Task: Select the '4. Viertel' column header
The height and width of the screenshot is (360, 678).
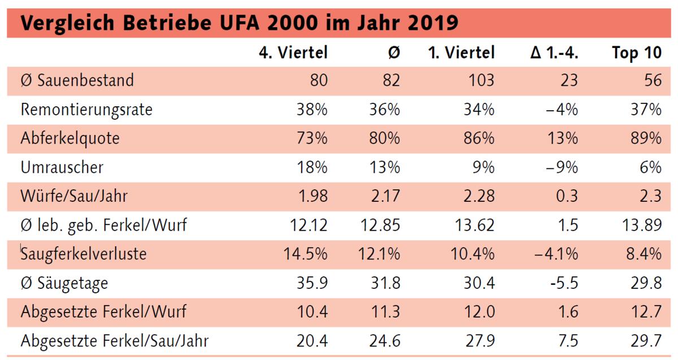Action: [x=293, y=53]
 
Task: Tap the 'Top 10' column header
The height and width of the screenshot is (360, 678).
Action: [x=636, y=53]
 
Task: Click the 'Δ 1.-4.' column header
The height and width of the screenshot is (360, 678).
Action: [x=554, y=53]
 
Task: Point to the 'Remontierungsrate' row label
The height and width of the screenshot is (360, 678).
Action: [x=86, y=110]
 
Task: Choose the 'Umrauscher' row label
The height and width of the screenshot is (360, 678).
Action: [x=62, y=167]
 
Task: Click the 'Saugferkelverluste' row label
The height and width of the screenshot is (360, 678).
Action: [x=84, y=254]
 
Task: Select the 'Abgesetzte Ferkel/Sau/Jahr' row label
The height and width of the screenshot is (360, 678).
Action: [x=115, y=341]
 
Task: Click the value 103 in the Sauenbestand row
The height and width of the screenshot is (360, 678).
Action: [x=481, y=80]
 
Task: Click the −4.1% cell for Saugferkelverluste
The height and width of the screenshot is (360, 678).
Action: [x=556, y=254]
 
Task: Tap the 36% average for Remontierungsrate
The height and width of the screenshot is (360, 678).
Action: [x=385, y=110]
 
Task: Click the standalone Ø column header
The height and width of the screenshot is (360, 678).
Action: [x=394, y=53]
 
